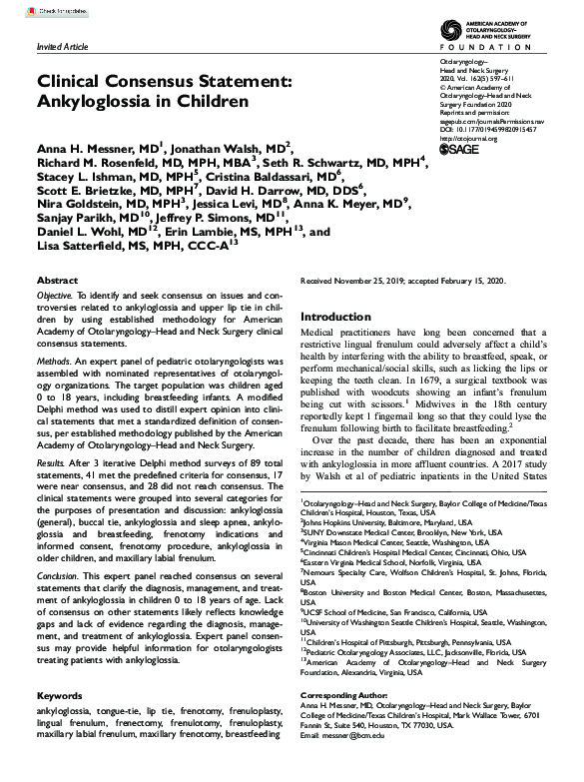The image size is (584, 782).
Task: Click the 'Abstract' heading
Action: pos(58,283)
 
